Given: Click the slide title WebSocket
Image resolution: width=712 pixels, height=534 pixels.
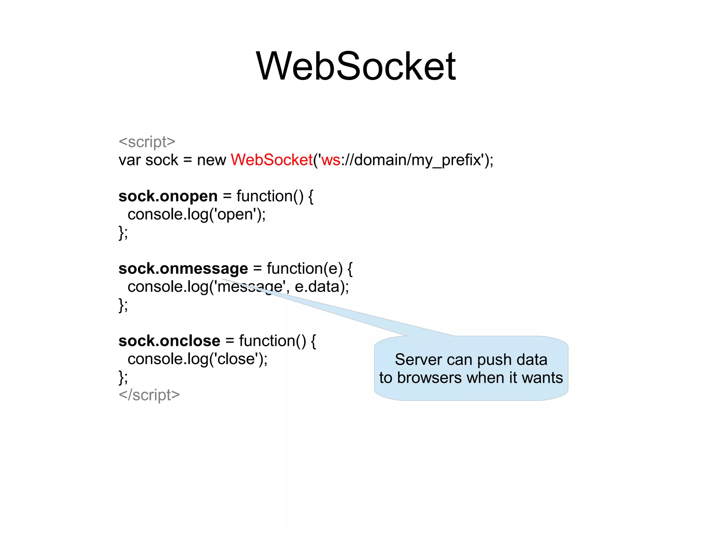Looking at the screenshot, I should point(356,66).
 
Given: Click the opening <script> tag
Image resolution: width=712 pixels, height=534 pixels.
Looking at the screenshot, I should point(147,142).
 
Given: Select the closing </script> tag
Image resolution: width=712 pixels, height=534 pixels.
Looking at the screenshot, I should point(149,395).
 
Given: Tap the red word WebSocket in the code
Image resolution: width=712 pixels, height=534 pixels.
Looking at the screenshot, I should point(272,160).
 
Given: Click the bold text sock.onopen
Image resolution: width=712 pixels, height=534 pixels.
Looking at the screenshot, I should point(168,196).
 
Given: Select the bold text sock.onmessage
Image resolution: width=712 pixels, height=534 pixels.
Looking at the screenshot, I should point(183,269).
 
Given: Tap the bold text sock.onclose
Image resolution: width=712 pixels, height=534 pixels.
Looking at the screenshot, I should point(169,341).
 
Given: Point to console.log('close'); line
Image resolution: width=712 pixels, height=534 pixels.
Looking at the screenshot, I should point(197,359).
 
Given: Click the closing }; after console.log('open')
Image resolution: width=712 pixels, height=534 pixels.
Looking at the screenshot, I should point(123,232).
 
